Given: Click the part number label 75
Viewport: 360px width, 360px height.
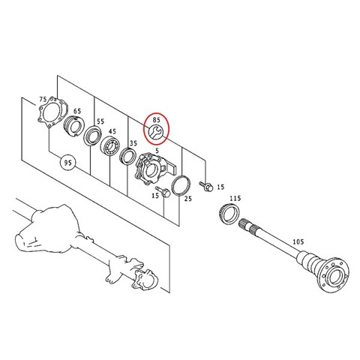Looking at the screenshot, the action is point(43,100).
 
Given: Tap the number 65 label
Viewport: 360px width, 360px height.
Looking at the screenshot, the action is point(77,111).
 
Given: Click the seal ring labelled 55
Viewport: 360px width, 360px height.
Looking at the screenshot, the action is point(93,136).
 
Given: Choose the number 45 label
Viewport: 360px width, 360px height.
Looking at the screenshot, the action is point(112,131).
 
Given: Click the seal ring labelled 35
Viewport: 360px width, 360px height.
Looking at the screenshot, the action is point(128,156).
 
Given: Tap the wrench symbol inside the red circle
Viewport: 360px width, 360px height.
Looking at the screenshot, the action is point(156,132).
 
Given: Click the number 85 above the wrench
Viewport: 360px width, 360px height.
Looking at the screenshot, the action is point(156,119).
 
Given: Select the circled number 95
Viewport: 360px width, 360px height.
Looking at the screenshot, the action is point(67,163).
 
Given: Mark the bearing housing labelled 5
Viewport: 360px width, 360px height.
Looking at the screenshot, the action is point(154,169).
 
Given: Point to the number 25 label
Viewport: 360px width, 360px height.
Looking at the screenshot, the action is point(188,199).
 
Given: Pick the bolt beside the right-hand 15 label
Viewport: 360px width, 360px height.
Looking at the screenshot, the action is point(206,186).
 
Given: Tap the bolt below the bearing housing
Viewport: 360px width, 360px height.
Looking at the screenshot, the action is point(163,191).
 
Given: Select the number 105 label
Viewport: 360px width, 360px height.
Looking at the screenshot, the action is point(298,241).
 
